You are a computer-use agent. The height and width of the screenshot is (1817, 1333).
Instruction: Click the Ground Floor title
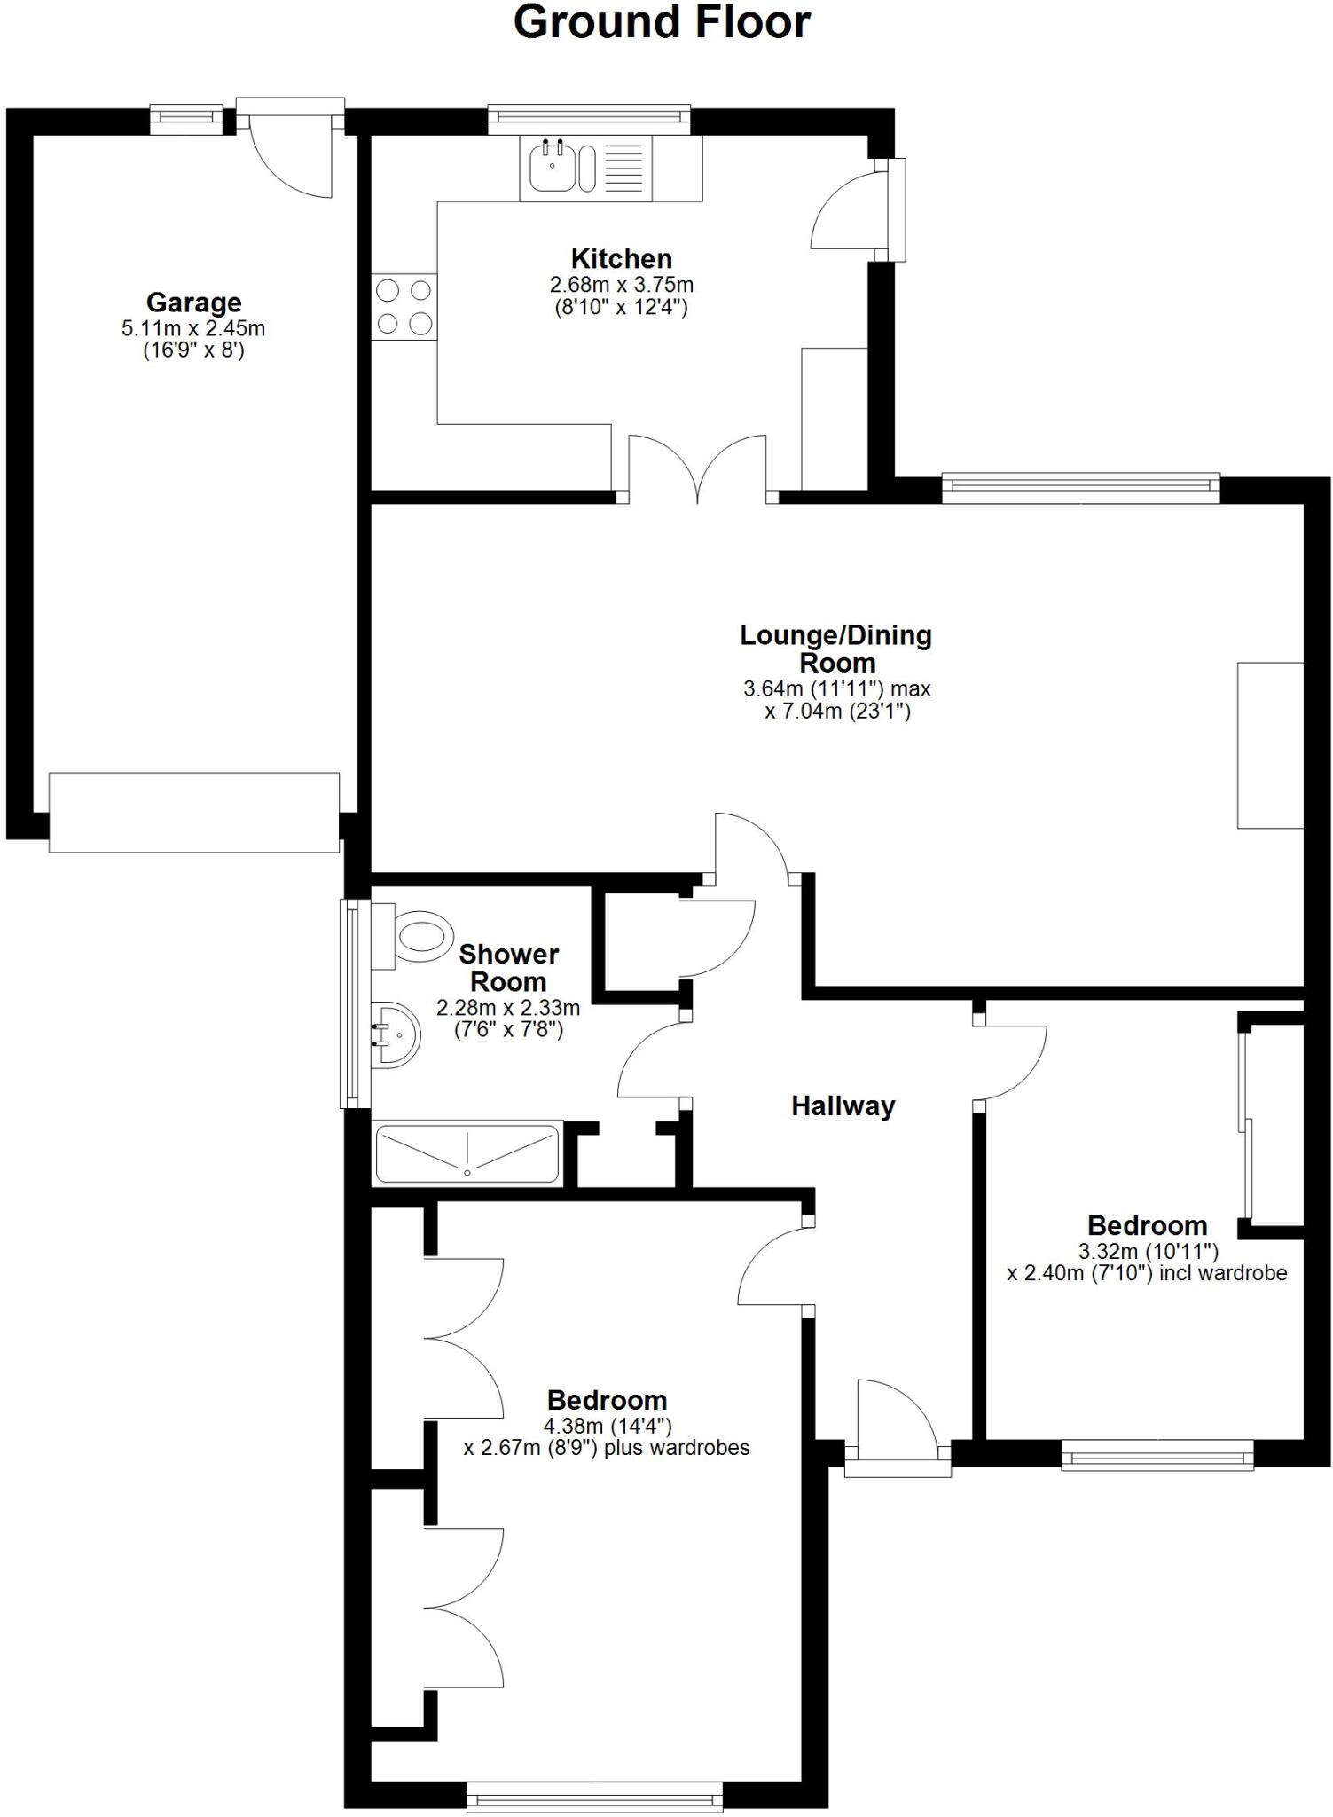662,23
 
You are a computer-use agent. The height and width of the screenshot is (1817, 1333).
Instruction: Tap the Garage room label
193,303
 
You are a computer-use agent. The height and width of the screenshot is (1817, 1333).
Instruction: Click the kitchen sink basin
552,168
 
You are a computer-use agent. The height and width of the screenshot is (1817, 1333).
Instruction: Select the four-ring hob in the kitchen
404,307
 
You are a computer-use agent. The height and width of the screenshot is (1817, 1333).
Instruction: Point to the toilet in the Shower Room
420,936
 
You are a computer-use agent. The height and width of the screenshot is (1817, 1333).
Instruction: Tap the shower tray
467,1153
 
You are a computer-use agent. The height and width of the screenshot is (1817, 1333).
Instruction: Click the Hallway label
843,1106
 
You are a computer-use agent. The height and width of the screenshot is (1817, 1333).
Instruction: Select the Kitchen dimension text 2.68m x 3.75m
621,286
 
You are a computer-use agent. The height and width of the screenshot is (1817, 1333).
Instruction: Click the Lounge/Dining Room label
836,649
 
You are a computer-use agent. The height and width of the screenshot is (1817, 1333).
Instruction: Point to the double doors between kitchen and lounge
697,470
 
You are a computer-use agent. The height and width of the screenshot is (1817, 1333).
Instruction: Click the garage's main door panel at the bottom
193,813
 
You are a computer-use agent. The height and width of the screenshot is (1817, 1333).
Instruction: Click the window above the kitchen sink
589,115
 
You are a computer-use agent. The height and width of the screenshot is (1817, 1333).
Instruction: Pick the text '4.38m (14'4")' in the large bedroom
608,1426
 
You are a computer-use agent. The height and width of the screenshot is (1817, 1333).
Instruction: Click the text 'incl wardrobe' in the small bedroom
1227,1274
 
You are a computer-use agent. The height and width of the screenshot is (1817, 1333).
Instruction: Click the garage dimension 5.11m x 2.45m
193,328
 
